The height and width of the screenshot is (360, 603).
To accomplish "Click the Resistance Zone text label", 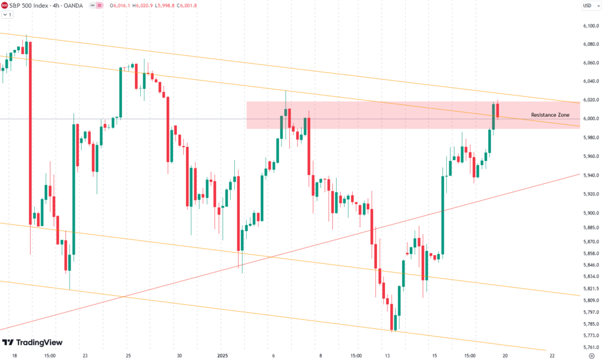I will tap(549, 115).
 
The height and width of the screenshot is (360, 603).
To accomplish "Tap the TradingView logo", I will tap(33, 343).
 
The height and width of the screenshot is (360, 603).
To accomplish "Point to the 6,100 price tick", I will tap(588, 26).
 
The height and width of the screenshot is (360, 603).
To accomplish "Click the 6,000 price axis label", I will tap(588, 118).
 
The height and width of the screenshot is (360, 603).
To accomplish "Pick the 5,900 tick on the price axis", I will tap(588, 213).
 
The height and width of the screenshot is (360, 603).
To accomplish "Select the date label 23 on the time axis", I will tap(85, 356).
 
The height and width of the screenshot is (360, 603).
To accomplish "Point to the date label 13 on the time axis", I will tap(388, 356).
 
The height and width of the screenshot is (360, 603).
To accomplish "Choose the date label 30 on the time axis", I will tap(180, 356).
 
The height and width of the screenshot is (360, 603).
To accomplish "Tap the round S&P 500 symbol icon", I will tap(5, 6).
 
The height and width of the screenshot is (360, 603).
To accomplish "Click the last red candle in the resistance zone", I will tap(498, 110).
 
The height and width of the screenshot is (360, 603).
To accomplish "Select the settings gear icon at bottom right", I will tap(591, 356).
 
